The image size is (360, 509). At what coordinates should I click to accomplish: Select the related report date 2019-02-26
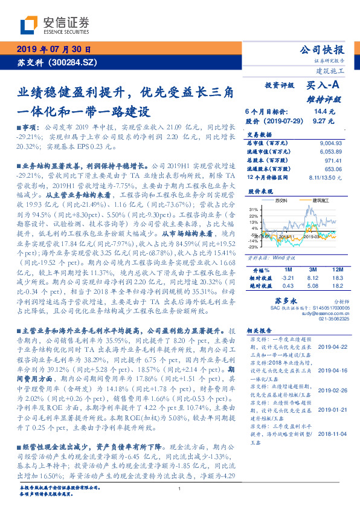[331, 391]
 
